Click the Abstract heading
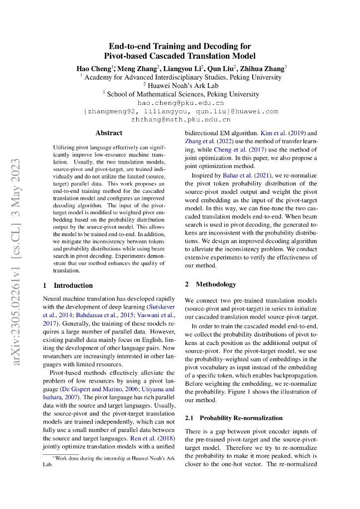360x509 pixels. [109, 133]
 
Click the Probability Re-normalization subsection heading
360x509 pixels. [233, 418]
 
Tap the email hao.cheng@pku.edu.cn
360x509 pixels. [180, 103]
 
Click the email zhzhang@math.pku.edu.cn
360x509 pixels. [180, 119]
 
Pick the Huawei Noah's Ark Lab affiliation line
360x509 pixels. [180, 85]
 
